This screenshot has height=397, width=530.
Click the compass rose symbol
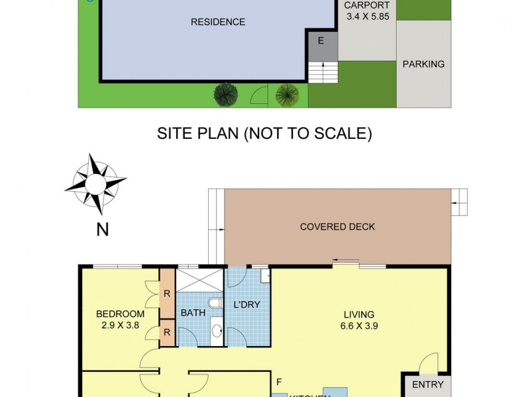point(95,184)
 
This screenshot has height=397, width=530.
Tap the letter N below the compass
point(103,230)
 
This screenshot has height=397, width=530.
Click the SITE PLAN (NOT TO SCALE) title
point(264,134)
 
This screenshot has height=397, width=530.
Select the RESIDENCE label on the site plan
point(218,22)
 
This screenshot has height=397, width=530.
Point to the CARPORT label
point(366,5)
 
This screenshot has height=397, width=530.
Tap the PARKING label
point(423,64)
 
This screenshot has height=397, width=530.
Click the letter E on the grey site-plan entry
point(321,40)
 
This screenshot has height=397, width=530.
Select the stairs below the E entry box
point(323,71)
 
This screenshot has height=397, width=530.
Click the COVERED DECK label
point(337,227)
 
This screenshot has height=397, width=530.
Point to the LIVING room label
point(358,314)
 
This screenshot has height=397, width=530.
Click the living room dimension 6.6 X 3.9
point(358,326)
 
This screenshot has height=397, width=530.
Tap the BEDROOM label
point(120,314)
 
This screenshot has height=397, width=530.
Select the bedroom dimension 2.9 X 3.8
point(120,325)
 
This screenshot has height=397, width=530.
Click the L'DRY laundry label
point(247,305)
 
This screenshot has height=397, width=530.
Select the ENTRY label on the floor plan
point(427,384)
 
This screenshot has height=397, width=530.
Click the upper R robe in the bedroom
point(167,292)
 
